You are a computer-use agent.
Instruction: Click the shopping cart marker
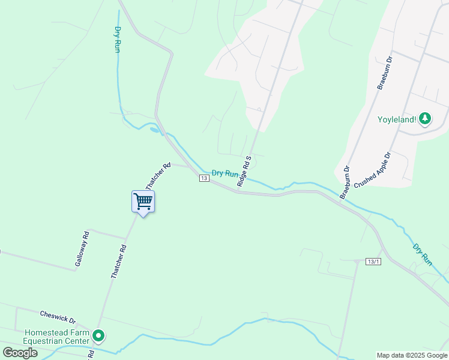click(143, 202)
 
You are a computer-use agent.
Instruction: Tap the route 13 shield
click(204, 178)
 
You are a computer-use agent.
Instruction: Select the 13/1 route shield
click(373, 262)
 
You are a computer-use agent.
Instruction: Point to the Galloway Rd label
click(82, 249)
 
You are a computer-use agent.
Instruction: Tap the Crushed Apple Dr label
click(372, 170)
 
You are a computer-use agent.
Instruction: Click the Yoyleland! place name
click(396, 119)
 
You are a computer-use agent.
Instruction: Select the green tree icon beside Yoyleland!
click(425, 119)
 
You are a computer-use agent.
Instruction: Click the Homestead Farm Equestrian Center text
click(56, 337)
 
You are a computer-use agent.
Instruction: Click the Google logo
click(20, 352)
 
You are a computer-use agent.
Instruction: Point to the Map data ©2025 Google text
click(411, 355)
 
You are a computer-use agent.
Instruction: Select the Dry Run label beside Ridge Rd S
click(224, 173)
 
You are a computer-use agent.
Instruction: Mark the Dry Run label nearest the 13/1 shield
click(422, 254)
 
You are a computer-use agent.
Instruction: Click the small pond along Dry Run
click(155, 129)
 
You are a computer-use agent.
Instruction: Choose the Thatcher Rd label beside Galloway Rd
click(118, 261)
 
